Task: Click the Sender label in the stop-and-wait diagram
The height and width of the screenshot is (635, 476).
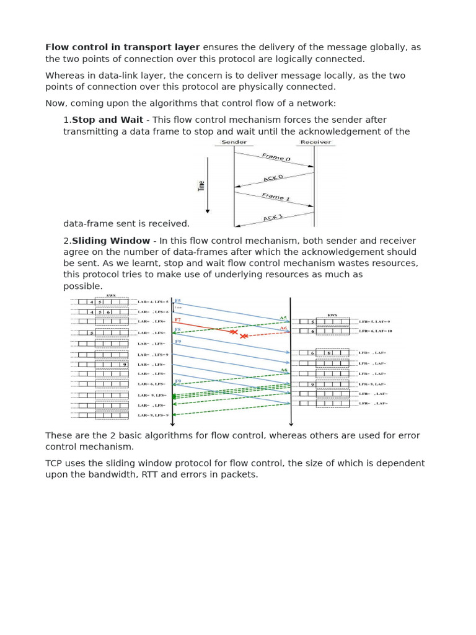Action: pos(234,142)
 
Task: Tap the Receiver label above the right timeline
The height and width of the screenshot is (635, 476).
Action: pos(315,142)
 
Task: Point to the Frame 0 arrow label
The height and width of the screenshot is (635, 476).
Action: pos(276,158)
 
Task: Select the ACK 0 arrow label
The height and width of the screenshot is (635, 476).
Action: pos(273,179)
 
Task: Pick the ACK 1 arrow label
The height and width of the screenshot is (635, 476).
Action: pos(273,218)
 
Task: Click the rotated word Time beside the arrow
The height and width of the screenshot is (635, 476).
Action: pos(201,185)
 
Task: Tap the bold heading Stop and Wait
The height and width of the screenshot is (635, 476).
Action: pos(107,120)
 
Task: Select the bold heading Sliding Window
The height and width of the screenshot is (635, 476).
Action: pos(111,241)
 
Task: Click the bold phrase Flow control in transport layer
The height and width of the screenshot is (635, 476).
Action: pos(123,47)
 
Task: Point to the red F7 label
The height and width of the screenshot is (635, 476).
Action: pos(177,320)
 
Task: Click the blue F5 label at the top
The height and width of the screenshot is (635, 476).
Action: pos(178,301)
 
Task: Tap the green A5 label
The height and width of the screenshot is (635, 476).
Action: pos(283,318)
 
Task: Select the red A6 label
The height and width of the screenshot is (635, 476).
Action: pos(283,328)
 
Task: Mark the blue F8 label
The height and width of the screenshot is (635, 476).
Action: pos(177,330)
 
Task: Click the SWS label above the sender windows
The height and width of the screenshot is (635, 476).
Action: pos(111,296)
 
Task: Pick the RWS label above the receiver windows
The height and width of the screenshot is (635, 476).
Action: pos(332,315)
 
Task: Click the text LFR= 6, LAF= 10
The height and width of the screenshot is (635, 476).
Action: pos(376,331)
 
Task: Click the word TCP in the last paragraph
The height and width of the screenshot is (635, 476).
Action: pos(55,463)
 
